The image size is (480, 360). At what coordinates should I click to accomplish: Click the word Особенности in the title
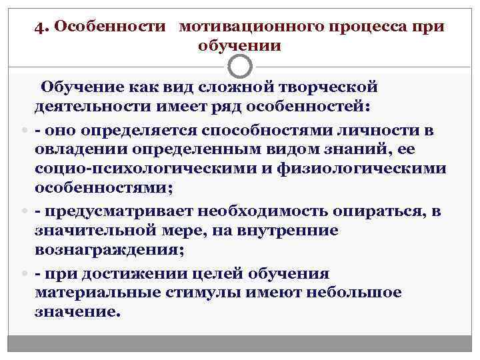[x=109, y=27]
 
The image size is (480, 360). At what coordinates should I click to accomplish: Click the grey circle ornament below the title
[x=240, y=66]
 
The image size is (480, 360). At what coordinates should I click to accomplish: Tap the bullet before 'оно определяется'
[x=25, y=128]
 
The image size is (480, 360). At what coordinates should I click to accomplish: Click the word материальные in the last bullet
[x=95, y=293]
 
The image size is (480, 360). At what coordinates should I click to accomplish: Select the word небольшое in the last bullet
[x=361, y=293]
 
